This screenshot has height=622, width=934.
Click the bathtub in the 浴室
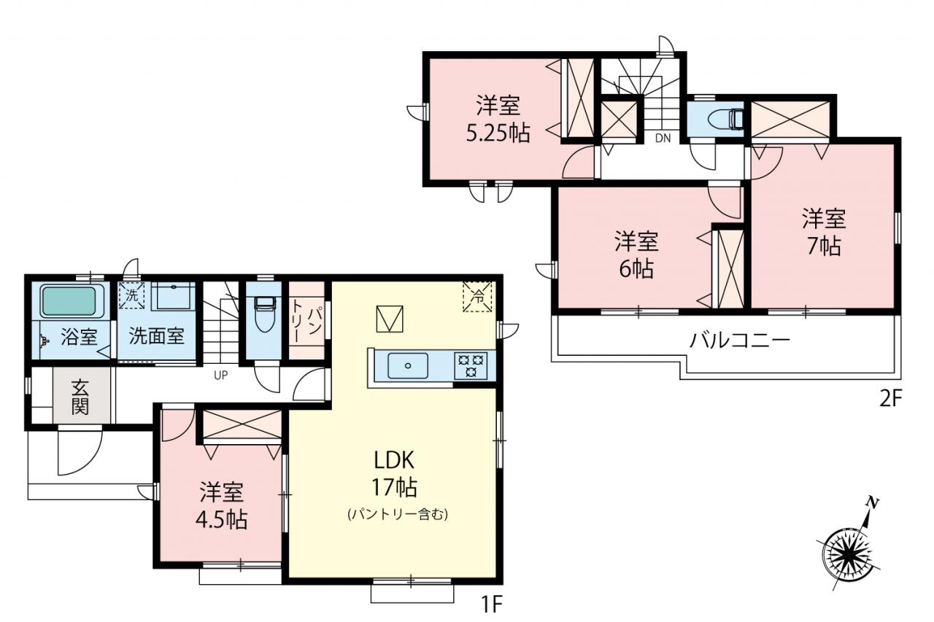pos(69,301)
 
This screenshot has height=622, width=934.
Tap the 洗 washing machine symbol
pos(131,295)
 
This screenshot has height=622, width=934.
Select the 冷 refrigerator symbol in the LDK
pos(477,296)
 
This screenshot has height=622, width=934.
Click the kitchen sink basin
pos(407,366)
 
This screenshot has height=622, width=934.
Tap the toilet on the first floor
pos(263,314)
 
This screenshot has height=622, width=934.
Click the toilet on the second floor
pos(725,119)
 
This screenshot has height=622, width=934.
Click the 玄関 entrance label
pos(80,397)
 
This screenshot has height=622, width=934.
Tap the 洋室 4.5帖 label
pos(221,506)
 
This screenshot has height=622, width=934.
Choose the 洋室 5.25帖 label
pos(498,119)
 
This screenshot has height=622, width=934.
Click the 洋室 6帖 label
pos(636,254)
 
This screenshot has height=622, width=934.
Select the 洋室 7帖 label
pos(824,232)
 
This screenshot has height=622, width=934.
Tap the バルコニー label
pos(739,341)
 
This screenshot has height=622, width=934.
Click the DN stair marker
pos(663,139)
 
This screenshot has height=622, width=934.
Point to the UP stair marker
pos(220,376)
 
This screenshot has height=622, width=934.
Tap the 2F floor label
pos(891,400)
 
